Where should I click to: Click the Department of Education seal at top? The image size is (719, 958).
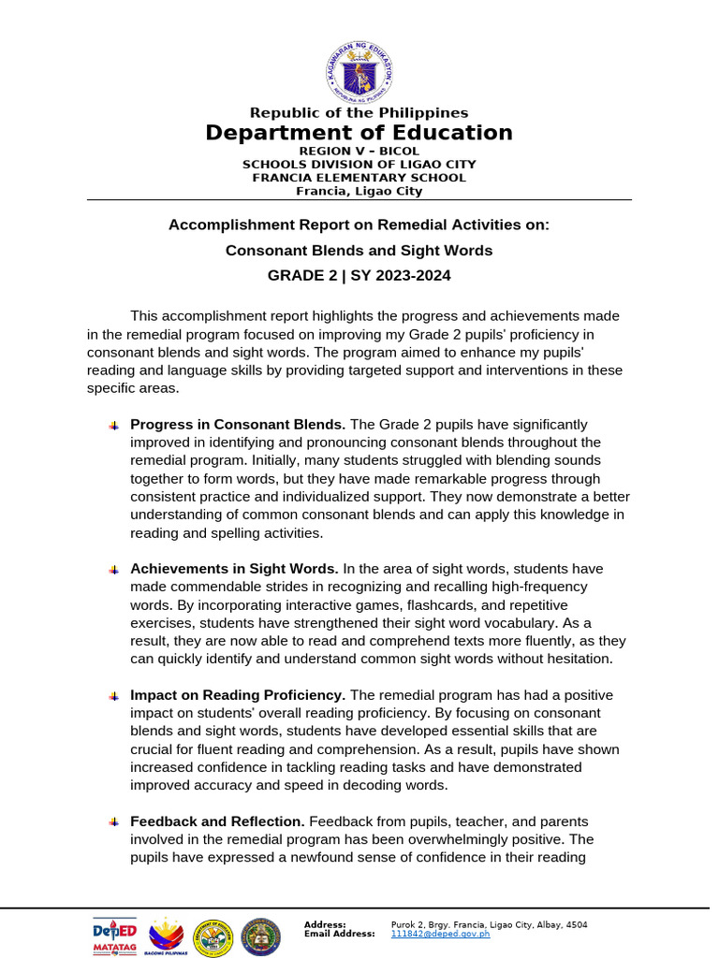[359, 71]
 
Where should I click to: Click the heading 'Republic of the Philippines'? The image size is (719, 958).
[359, 113]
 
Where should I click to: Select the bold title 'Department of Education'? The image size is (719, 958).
[359, 133]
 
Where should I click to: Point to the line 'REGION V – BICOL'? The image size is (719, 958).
[359, 151]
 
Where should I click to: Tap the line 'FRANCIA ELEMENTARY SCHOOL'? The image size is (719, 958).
[359, 178]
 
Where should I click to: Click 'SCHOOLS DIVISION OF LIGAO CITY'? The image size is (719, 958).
[359, 164]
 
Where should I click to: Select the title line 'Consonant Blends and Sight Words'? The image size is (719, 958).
[359, 251]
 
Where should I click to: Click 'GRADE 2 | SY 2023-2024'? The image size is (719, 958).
[359, 275]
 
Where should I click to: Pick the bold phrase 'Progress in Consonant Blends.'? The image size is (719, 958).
[238, 424]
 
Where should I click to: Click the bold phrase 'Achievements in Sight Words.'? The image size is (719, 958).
[234, 569]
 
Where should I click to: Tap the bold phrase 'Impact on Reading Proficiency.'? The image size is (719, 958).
[238, 695]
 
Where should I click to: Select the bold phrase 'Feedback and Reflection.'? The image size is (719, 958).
[216, 821]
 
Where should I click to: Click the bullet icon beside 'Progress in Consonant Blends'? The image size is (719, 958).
[113, 426]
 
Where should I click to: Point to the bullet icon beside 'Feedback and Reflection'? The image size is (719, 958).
[113, 822]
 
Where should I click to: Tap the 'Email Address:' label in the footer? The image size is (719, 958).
[339, 934]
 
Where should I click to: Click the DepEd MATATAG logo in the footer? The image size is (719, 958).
[114, 936]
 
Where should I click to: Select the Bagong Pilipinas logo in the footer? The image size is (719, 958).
[167, 936]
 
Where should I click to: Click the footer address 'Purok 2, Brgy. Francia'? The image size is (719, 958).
[440, 924]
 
